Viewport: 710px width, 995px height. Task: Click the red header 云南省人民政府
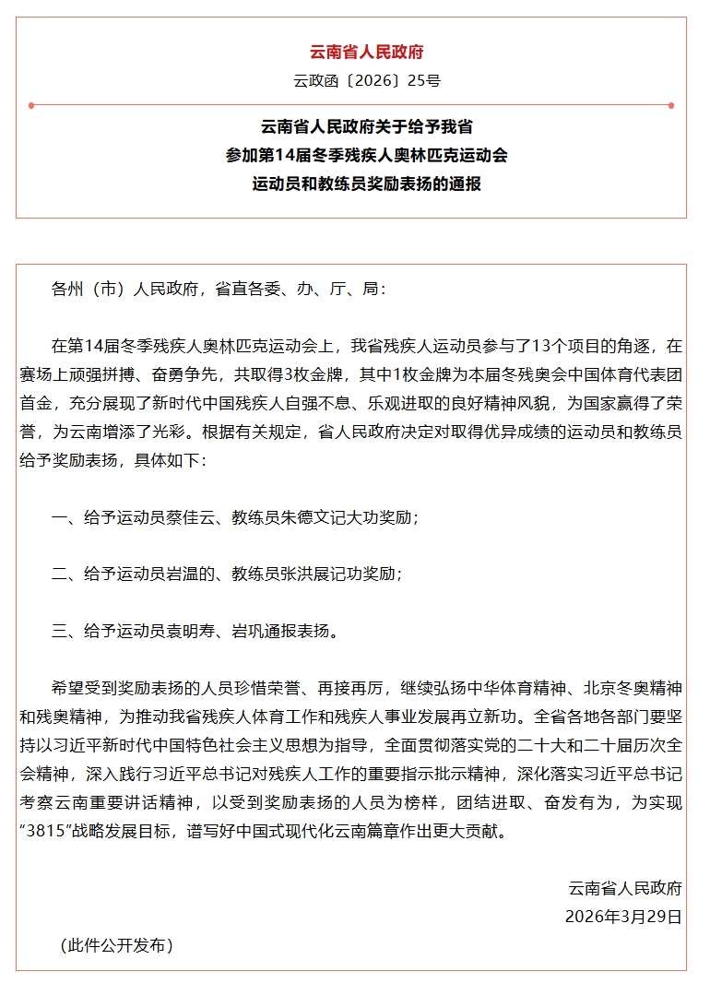pyautogui.click(x=367, y=53)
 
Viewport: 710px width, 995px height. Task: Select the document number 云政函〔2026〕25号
pyautogui.click(x=367, y=80)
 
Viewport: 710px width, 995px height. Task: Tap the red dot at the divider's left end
pyautogui.click(x=31, y=104)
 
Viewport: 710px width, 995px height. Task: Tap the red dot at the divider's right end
pyautogui.click(x=671, y=104)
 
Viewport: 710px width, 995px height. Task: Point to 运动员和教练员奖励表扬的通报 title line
pyautogui.click(x=367, y=184)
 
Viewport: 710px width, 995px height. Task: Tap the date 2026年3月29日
pyautogui.click(x=623, y=917)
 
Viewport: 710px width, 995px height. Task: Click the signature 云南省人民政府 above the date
pyautogui.click(x=625, y=889)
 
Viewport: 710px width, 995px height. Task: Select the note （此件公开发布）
pyautogui.click(x=115, y=945)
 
